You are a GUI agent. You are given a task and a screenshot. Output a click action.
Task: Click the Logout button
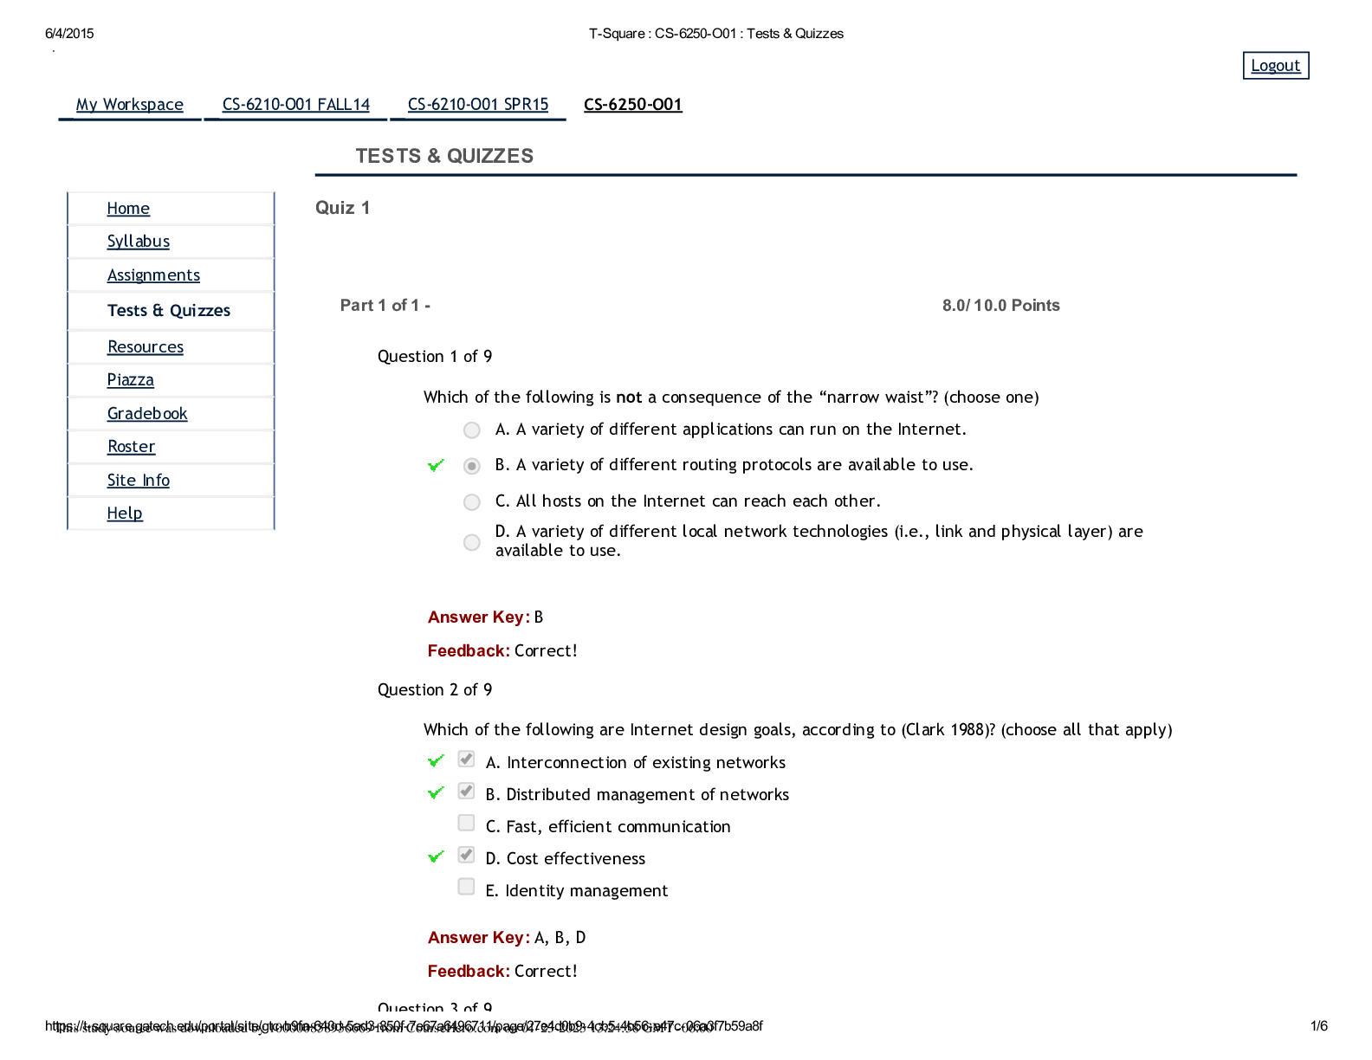click(1275, 66)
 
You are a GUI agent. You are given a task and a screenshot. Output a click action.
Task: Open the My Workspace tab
click(130, 105)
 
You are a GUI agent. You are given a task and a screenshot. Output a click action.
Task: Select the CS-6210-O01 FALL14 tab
click(295, 105)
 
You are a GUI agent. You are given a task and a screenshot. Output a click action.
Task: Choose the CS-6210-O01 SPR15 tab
click(478, 105)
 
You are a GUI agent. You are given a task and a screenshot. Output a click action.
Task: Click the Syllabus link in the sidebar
click(139, 242)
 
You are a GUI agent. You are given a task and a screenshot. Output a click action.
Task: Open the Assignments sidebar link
click(153, 275)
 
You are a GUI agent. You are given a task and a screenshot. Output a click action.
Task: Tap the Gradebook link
click(147, 414)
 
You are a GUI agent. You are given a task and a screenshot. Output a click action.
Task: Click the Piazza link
click(131, 380)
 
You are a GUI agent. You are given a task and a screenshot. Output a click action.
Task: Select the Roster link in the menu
click(132, 447)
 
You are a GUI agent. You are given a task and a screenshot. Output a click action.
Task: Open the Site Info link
click(139, 481)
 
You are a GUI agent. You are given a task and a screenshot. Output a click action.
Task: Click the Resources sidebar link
click(146, 347)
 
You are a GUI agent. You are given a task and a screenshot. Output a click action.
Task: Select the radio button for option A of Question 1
click(472, 430)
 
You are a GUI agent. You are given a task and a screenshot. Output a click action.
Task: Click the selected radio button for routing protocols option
click(472, 467)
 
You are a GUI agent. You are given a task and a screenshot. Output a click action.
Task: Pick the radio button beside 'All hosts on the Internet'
click(472, 502)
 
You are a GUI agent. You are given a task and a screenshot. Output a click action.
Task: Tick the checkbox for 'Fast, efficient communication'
click(467, 823)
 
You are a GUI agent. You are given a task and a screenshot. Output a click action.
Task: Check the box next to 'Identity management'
click(467, 887)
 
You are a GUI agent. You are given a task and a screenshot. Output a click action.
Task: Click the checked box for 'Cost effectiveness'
click(467, 856)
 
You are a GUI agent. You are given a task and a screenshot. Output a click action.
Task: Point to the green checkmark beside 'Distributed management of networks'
click(437, 793)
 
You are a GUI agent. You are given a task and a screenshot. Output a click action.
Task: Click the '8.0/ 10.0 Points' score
click(1000, 306)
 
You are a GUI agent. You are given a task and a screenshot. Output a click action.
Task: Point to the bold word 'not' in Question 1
click(629, 397)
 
